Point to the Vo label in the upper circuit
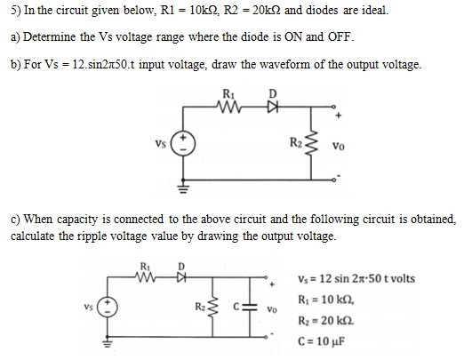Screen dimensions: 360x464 click(x=339, y=146)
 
